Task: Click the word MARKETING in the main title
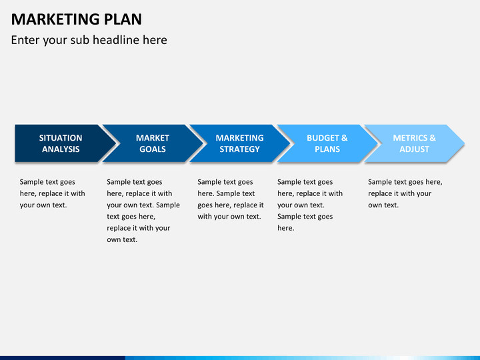[x=55, y=19]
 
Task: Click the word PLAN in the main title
[x=123, y=19]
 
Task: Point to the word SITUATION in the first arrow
[x=61, y=138]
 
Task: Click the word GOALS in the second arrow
[x=153, y=149]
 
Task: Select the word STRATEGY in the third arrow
[x=240, y=149]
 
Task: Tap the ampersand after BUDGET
[x=345, y=138]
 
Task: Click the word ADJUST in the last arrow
[x=414, y=149]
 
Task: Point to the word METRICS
[x=410, y=138]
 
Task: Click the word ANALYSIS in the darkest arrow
[x=61, y=149]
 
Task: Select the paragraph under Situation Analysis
[x=53, y=193]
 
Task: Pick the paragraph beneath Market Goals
[x=143, y=211]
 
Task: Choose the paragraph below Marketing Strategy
[x=231, y=199]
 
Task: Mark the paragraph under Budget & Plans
[x=310, y=205]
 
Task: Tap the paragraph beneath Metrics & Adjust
[x=405, y=193]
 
